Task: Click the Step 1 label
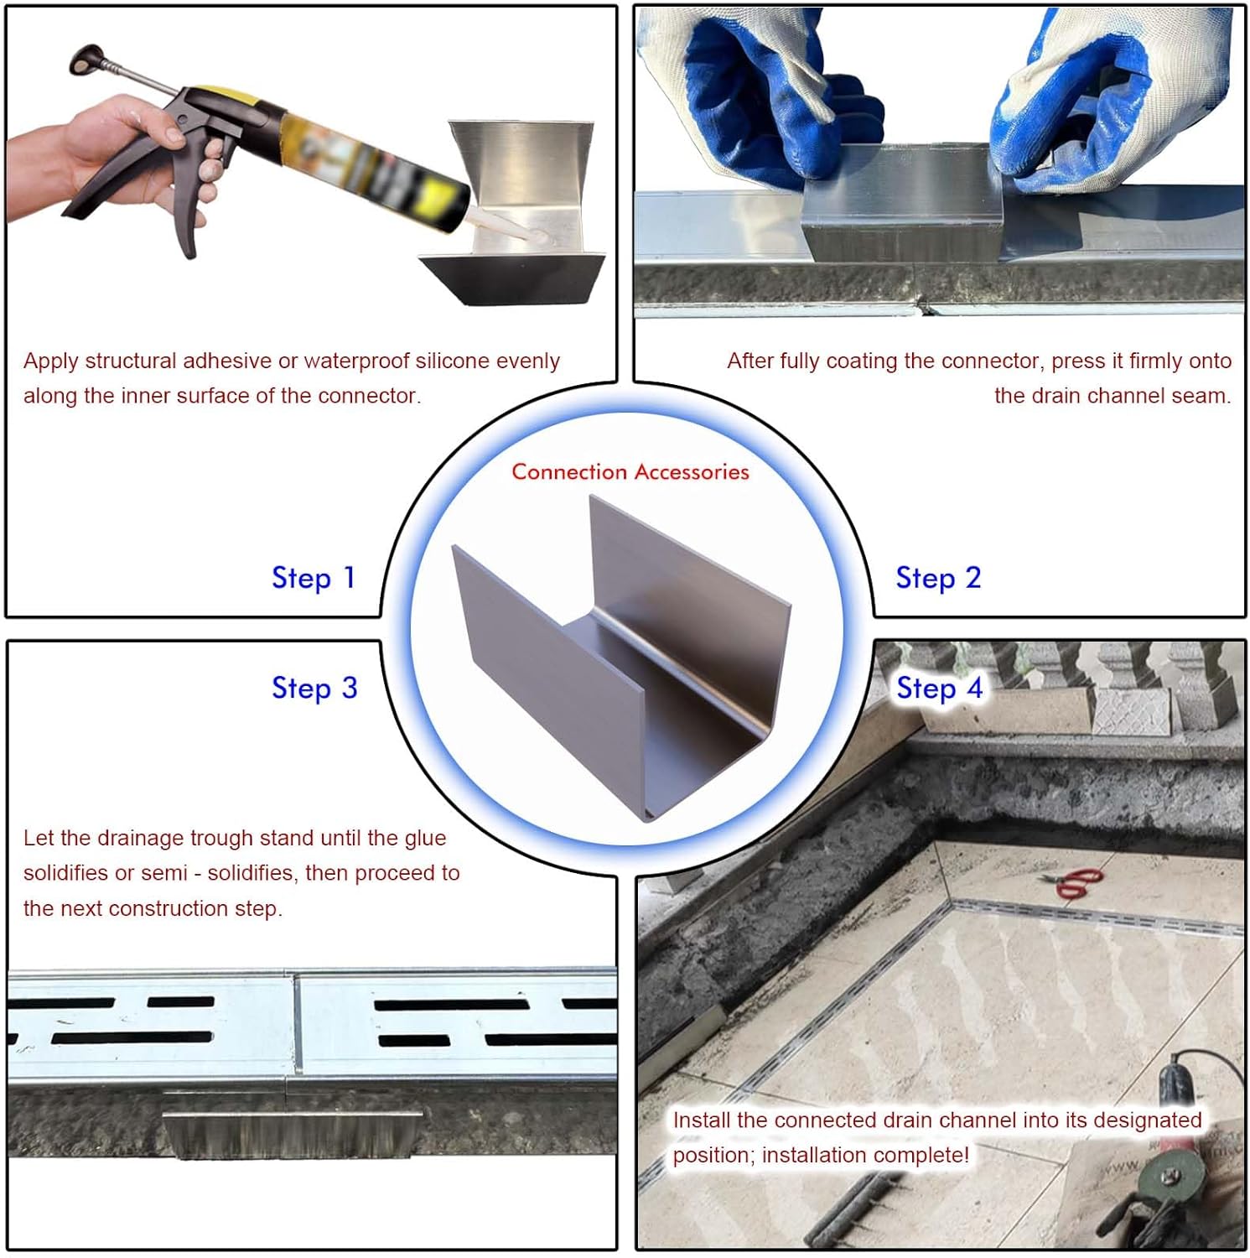point(314,578)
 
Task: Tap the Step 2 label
point(938,578)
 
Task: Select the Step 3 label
point(314,688)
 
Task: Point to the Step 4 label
point(939,688)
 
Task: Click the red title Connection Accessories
point(630,472)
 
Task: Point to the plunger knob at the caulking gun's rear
point(85,59)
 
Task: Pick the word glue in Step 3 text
point(425,839)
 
